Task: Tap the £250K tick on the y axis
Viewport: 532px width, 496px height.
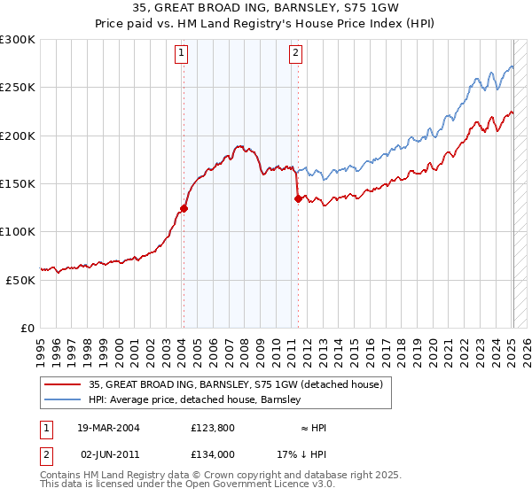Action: point(18,88)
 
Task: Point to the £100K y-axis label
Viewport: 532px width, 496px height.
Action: point(18,231)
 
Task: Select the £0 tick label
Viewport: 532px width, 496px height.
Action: point(27,328)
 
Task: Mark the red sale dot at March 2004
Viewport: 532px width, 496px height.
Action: point(184,209)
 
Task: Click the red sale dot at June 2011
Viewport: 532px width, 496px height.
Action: point(297,199)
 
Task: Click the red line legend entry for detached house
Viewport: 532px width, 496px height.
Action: point(235,384)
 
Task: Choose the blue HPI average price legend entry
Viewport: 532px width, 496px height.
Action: point(194,400)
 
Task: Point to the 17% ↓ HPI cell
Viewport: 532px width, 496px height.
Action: point(301,453)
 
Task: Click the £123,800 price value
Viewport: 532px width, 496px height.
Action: point(210,428)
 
